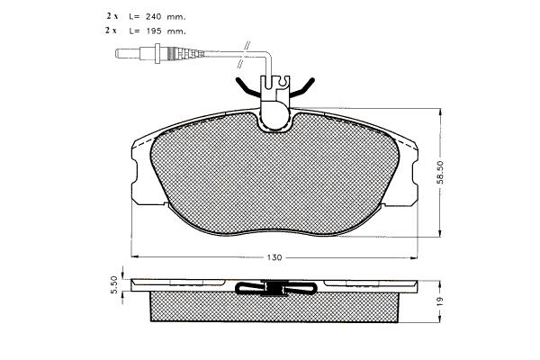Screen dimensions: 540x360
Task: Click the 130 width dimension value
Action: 274,257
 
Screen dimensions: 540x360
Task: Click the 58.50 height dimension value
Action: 440,172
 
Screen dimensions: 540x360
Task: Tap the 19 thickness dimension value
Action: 440,301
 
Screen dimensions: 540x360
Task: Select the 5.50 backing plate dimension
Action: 114,285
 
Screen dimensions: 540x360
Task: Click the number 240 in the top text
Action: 154,16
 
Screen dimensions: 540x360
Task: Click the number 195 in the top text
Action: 154,31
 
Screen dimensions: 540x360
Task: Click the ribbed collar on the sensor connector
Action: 170,53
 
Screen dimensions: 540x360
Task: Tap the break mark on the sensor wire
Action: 244,55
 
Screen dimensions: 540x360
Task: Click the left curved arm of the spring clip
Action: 248,88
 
